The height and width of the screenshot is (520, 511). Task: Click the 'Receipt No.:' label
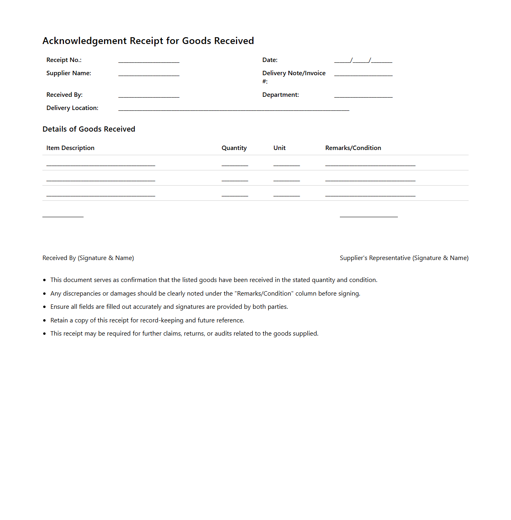(x=64, y=60)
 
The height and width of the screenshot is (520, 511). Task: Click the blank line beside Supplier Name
(x=149, y=74)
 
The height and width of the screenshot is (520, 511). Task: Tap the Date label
(x=270, y=60)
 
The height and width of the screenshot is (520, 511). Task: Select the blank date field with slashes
(x=363, y=61)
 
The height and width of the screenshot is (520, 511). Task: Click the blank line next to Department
(x=363, y=96)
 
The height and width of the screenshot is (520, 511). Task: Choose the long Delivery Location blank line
(x=234, y=109)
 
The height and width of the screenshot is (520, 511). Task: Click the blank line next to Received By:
(x=149, y=96)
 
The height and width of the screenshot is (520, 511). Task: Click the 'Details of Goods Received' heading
(x=89, y=129)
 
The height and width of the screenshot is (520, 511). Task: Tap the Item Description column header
(x=70, y=148)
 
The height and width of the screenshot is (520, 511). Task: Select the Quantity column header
(x=234, y=148)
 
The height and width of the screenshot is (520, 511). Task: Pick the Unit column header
(x=279, y=148)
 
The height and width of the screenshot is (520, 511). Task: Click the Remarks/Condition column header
(x=353, y=148)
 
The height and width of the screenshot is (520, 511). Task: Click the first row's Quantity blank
(x=235, y=164)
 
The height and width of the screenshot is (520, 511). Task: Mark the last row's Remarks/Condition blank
(x=370, y=195)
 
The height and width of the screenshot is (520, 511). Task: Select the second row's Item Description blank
(x=101, y=180)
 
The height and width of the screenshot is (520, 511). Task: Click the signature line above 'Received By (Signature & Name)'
(x=63, y=216)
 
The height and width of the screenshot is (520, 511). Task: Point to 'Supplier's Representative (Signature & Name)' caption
(x=404, y=258)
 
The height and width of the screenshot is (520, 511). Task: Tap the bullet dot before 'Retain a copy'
(x=44, y=320)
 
